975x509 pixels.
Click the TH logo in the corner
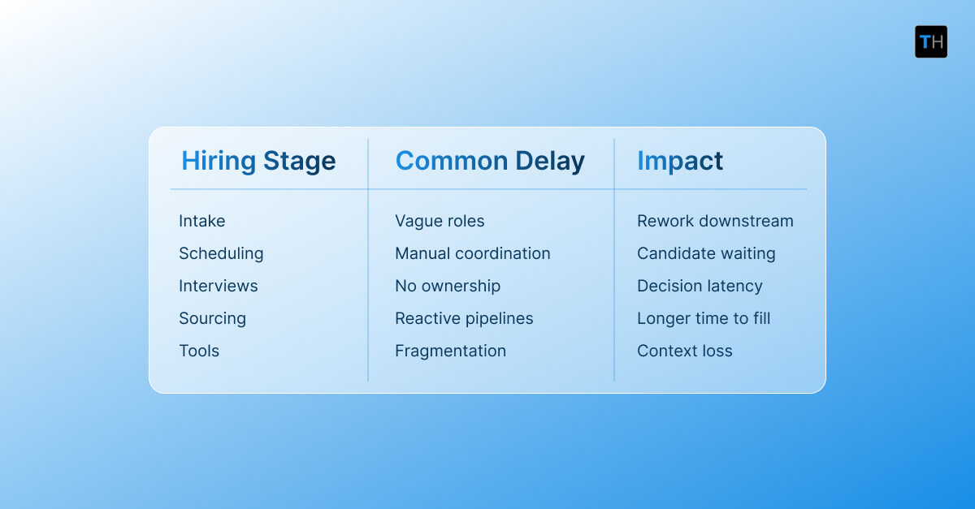coord(930,41)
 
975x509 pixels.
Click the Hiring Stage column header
coord(258,161)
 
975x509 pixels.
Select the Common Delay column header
coord(490,161)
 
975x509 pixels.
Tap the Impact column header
coord(680,161)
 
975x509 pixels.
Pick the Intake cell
coord(202,221)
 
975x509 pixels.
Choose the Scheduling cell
coord(221,253)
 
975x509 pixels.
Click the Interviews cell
coord(219,286)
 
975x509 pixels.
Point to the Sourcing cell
coord(212,318)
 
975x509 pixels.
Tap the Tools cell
coord(199,351)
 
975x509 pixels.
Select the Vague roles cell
coord(440,221)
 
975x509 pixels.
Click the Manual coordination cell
coord(473,253)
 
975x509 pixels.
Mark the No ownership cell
coord(448,286)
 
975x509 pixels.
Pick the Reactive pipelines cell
coord(464,318)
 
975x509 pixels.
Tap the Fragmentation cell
coord(450,351)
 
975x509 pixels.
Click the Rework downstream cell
coord(715,221)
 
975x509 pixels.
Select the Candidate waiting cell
coord(706,253)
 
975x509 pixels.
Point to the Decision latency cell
coord(700,286)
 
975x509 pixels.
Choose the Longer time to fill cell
coord(704,318)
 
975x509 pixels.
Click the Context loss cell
coord(685,351)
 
